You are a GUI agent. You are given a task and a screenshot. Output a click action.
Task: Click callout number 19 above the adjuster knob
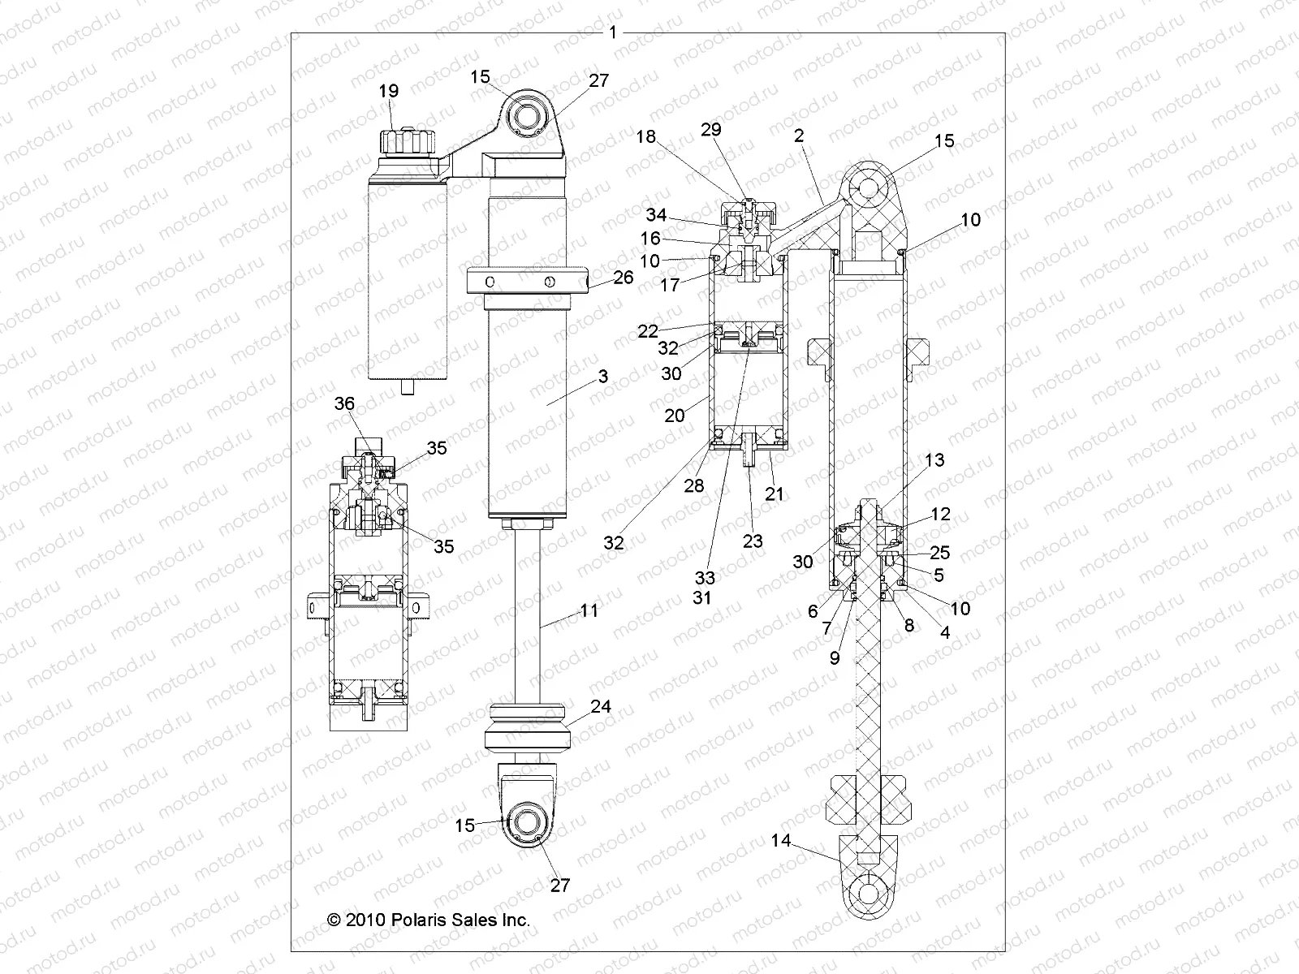(389, 91)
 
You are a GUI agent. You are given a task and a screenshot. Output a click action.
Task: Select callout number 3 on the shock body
(603, 377)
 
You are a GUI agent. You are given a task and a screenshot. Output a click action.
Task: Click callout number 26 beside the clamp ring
(624, 278)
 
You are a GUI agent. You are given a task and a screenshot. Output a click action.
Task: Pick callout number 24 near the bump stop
(601, 707)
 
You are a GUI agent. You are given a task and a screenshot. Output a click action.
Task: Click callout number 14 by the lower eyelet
(780, 841)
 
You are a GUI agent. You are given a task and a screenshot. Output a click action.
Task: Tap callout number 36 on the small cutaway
(345, 403)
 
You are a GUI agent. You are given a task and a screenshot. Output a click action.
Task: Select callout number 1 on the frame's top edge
(614, 32)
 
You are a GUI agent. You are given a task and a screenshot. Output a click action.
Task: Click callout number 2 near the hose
(799, 136)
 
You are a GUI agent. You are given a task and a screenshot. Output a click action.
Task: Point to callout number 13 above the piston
(934, 460)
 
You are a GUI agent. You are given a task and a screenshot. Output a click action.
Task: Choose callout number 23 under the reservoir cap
(753, 541)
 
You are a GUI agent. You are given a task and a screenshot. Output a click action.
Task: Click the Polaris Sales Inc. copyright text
(428, 920)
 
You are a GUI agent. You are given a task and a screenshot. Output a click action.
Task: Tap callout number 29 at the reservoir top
(712, 130)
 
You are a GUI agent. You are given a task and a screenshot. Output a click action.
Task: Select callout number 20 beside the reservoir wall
(675, 415)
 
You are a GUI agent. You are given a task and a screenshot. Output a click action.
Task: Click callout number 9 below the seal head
(835, 659)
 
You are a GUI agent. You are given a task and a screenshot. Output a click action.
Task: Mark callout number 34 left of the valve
(656, 215)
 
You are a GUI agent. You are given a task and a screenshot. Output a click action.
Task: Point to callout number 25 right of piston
(939, 553)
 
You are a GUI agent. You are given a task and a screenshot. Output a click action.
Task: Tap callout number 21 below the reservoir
(775, 493)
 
